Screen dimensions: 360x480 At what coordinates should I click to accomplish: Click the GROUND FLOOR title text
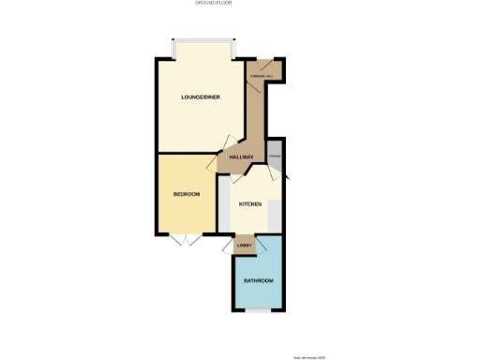point(213,4)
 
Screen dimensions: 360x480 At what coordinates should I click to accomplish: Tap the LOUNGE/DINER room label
point(201,97)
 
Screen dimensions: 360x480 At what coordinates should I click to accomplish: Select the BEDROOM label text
point(187,194)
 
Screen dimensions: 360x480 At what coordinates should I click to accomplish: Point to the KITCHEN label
point(249,203)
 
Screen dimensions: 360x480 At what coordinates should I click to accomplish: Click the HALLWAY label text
point(241,157)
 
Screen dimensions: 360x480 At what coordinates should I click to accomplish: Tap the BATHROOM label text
point(258,281)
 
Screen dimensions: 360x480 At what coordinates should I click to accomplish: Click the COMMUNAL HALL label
point(261,74)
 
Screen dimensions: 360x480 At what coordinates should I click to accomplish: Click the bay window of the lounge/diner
point(202,43)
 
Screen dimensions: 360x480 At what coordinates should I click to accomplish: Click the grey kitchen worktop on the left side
point(224,208)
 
